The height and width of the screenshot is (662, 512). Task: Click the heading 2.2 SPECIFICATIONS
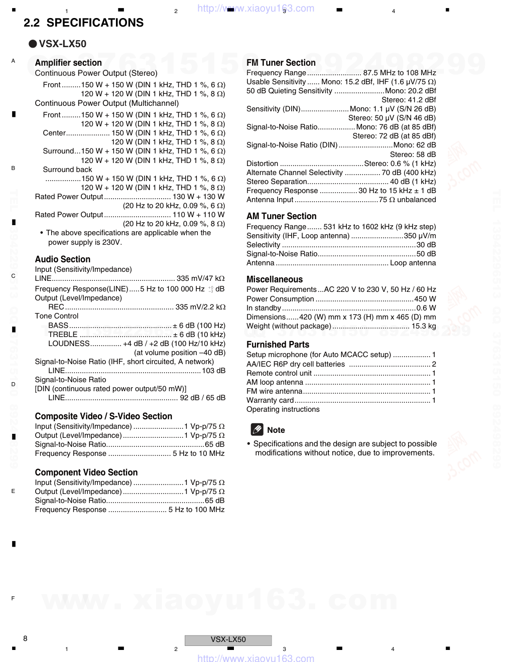83,23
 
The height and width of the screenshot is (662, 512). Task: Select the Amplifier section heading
68,63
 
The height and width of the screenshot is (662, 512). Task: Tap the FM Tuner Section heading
281,63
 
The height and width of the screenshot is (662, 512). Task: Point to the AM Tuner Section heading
281,216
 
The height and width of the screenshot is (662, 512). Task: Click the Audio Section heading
62,259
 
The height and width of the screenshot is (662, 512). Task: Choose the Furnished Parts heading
278,345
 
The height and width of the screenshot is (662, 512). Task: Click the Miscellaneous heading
275,279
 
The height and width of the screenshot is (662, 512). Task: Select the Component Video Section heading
86,472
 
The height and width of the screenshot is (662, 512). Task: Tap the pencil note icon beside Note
257,430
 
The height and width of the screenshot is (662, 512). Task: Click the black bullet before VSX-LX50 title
33,44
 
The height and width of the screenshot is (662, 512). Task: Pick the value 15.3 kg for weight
424,326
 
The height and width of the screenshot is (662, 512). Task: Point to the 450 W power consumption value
425,299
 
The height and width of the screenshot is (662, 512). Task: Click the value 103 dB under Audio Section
213,371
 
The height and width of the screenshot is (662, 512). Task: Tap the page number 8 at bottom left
25,638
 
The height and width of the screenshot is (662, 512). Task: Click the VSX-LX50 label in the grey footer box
228,640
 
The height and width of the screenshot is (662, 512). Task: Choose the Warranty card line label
270,400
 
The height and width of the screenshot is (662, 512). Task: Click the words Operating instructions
283,409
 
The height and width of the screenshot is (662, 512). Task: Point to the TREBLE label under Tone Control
63,335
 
